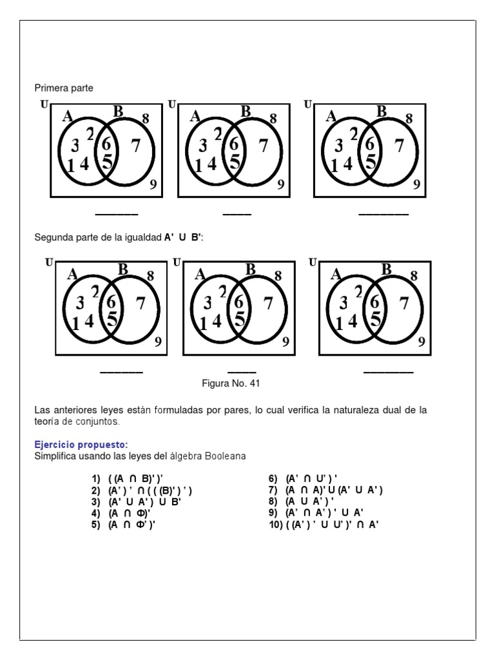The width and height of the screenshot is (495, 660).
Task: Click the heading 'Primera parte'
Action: [64, 88]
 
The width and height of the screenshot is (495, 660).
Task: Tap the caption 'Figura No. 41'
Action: [231, 383]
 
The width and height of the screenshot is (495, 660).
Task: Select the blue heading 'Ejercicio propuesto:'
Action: [81, 445]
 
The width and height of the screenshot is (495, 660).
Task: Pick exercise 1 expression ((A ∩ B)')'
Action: [135, 479]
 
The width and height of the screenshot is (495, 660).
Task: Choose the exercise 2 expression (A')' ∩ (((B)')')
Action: [150, 490]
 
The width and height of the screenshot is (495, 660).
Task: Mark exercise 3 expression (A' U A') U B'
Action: [144, 501]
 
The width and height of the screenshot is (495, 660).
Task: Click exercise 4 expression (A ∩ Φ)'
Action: [129, 513]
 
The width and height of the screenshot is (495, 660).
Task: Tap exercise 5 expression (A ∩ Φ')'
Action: [131, 525]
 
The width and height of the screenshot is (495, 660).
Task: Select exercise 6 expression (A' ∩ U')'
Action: [311, 479]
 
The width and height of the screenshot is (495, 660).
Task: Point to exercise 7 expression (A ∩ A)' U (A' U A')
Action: [334, 490]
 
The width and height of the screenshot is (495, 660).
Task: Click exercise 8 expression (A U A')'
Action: [309, 501]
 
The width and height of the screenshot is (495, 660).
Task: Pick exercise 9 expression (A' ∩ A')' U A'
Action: [324, 512]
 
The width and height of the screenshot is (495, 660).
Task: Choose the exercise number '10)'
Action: [276, 525]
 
